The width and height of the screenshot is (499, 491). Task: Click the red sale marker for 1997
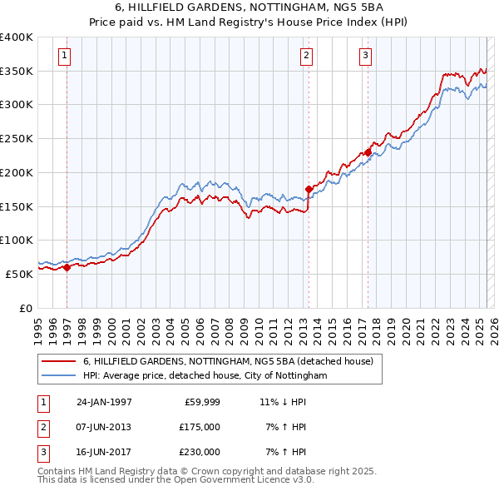point(67,268)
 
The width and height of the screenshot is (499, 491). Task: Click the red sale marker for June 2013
point(309,189)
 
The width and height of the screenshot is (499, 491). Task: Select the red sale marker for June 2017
point(368,152)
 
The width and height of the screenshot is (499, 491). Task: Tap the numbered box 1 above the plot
point(65,56)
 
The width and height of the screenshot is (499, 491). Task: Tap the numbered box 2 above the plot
point(307,56)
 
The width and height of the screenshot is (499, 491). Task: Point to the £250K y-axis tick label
point(17,139)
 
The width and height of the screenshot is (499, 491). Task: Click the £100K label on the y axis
point(17,240)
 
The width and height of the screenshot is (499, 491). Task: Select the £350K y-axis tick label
point(17,72)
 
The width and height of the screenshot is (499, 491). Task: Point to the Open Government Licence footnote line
point(175,479)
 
